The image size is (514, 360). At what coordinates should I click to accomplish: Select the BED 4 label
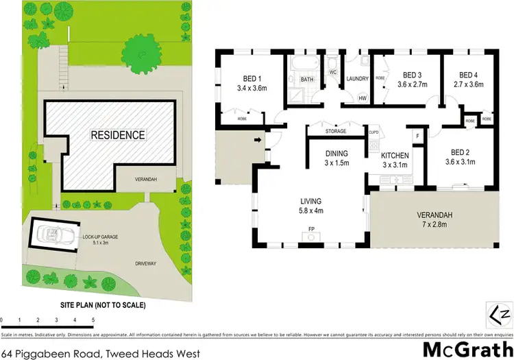(467, 75)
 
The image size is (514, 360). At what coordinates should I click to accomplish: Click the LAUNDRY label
(357, 79)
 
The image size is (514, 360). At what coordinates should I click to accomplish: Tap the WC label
(332, 71)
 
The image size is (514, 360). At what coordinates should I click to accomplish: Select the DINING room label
(336, 154)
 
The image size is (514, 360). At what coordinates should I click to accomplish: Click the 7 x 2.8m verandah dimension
(437, 224)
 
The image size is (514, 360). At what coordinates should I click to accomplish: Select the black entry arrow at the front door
(258, 142)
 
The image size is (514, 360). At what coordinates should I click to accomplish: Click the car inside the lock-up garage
(52, 235)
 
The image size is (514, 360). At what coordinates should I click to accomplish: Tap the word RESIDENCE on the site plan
(118, 135)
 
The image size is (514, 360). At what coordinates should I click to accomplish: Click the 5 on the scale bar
(92, 320)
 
